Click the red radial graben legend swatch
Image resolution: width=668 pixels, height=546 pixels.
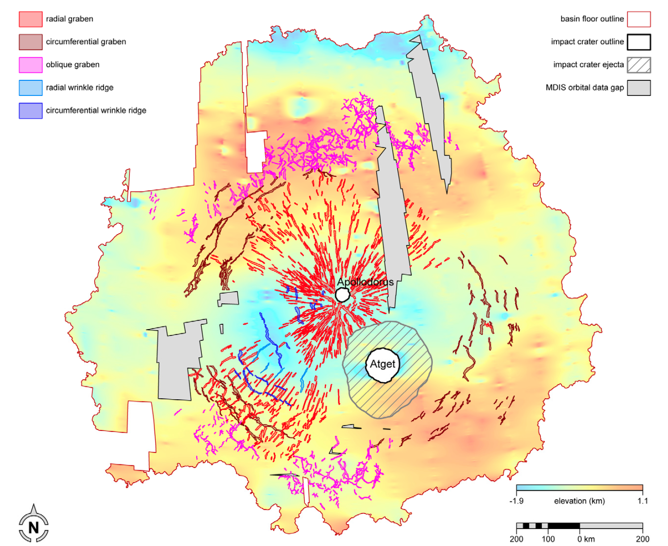(30, 19)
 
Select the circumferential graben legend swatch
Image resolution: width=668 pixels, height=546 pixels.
(30, 42)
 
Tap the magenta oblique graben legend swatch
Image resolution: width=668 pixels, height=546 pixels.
(30, 65)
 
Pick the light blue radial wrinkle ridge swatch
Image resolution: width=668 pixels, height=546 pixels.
(30, 87)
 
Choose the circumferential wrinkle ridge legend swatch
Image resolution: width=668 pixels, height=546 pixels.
(30, 111)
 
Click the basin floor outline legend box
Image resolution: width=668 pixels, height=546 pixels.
(639, 19)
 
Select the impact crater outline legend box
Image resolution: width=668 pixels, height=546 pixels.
(639, 42)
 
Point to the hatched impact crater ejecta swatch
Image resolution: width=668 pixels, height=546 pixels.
(639, 65)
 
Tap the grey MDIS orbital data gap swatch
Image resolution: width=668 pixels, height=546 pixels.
(639, 88)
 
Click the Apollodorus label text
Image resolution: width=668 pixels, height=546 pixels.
(365, 282)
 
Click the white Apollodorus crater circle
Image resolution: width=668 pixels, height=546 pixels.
(342, 295)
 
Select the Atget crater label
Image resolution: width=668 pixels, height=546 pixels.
(382, 364)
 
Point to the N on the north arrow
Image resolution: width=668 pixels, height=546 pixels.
(33, 528)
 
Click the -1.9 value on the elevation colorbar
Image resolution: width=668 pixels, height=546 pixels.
(516, 501)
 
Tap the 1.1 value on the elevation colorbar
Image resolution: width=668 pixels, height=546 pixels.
(642, 501)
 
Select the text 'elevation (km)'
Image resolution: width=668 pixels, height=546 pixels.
(579, 501)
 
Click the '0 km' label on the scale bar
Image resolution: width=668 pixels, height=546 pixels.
(586, 539)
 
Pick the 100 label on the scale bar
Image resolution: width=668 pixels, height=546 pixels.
(548, 539)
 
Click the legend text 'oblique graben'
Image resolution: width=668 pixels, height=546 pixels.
(73, 65)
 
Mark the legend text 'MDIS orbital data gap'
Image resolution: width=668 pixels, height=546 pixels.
(585, 87)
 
